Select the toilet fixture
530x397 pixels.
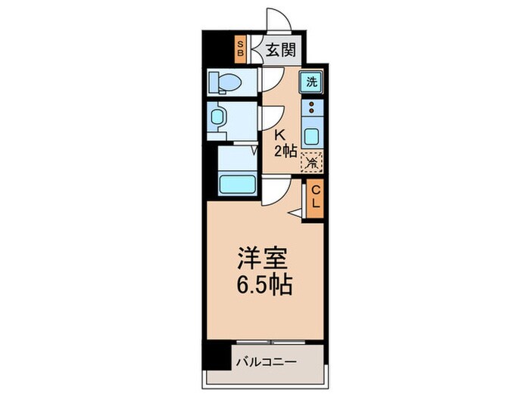tap(225, 81)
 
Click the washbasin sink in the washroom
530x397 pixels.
tap(218, 117)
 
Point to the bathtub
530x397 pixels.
tap(236, 184)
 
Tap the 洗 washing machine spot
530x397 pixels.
tap(310, 82)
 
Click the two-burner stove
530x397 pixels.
tap(310, 111)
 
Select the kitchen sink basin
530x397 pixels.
tap(310, 137)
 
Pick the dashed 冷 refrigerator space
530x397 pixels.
tap(311, 160)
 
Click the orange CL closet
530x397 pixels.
tap(314, 198)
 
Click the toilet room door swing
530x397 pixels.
tap(272, 78)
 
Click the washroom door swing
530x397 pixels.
tap(272, 116)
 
